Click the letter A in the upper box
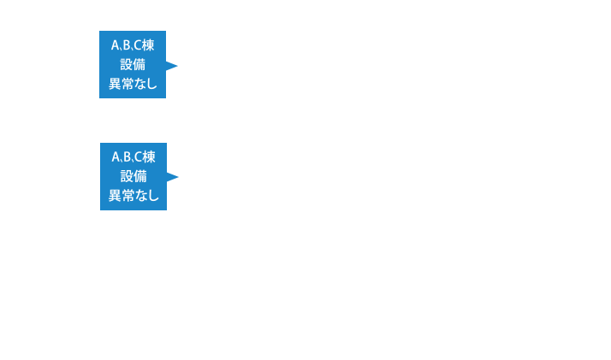coord(116,45)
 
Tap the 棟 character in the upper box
coord(149,45)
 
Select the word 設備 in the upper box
coord(133,64)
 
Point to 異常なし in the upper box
coord(133,84)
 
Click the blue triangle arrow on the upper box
coord(172,65)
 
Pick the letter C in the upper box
coord(138,45)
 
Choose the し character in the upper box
coord(152,84)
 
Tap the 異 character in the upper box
coord(114,84)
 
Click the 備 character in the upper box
coord(139,64)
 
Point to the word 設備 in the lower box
coord(133,176)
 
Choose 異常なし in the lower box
coord(133,196)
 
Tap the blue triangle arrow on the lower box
coord(173,177)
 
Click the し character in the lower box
coord(153,196)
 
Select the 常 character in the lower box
coord(128,196)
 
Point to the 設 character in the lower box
coord(127,176)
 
